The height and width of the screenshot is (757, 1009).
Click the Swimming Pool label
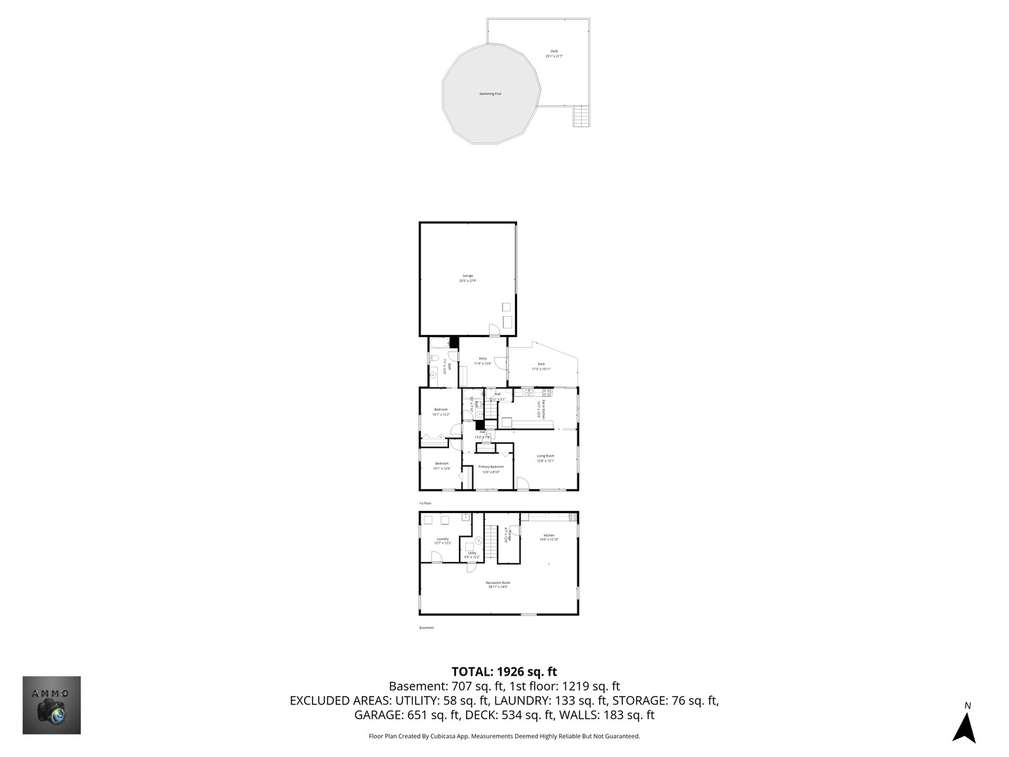coord(490,94)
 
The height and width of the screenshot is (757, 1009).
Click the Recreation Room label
coord(497,583)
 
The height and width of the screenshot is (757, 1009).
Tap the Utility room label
coord(472,553)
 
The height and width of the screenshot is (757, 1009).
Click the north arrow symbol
coord(965,727)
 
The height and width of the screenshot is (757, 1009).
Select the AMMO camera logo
coord(52,705)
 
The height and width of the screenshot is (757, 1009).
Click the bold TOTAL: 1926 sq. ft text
coord(504,671)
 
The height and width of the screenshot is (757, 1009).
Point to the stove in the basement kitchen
coord(572,517)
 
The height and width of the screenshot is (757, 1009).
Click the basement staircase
coord(491,538)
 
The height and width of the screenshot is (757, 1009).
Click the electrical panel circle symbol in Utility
coord(479,540)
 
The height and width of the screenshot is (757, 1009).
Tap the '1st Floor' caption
coord(425,503)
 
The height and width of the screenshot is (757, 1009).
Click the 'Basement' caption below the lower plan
coord(427,628)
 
